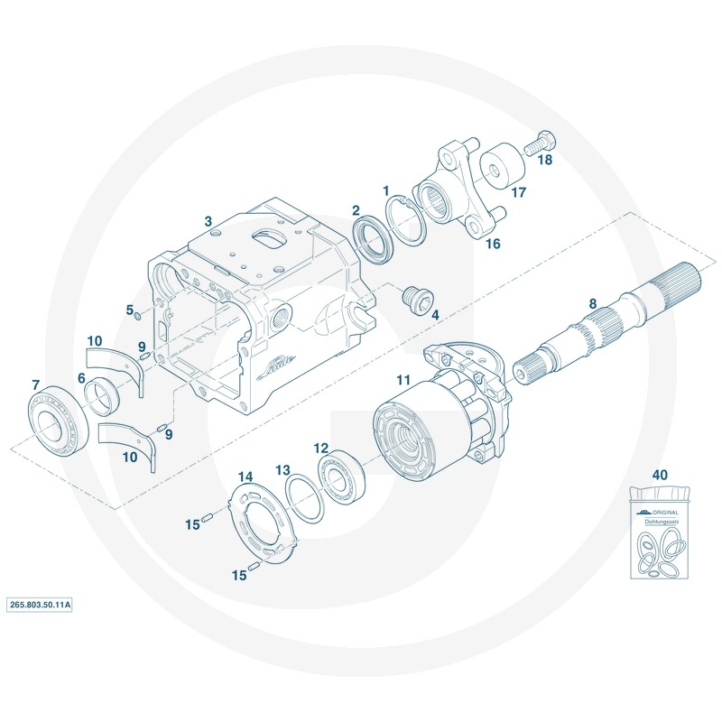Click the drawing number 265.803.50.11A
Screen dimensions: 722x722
click(x=40, y=605)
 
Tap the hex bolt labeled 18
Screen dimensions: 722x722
click(x=539, y=142)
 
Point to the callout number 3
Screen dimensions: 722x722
click(x=208, y=220)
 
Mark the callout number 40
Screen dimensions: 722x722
click(x=660, y=474)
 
